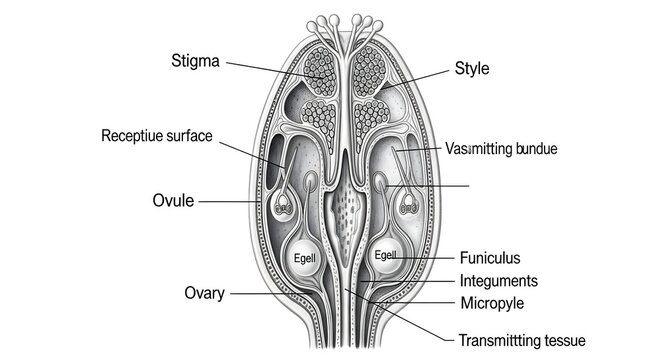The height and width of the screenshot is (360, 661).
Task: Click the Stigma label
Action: click(197, 62)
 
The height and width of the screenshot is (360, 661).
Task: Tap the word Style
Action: click(472, 68)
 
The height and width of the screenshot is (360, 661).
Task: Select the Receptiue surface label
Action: click(157, 135)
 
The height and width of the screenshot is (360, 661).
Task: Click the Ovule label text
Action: click(172, 200)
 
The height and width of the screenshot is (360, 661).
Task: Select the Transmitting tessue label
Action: click(521, 339)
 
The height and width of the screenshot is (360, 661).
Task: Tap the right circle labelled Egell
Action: click(386, 256)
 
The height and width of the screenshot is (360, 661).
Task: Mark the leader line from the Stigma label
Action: click(270, 69)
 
